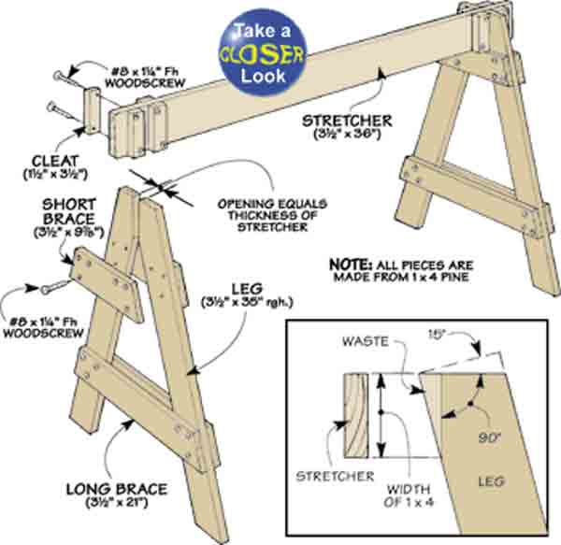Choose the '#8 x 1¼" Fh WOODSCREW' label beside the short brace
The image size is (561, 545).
click(x=41, y=322)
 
